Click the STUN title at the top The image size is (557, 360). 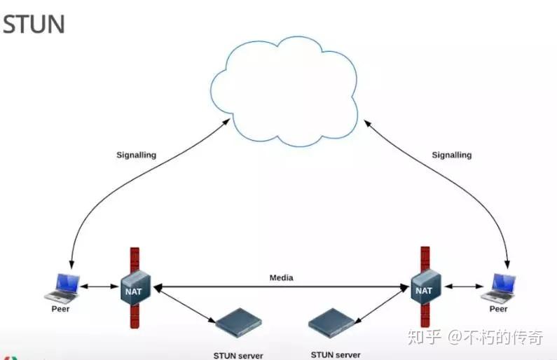pyautogui.click(x=34, y=24)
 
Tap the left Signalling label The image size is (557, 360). pyautogui.click(x=136, y=155)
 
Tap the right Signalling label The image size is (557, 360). pyautogui.click(x=451, y=155)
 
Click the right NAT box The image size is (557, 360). pyautogui.click(x=424, y=288)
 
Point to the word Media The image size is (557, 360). pyautogui.click(x=282, y=278)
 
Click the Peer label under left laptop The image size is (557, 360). pyautogui.click(x=61, y=308)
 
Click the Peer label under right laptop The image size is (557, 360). pyautogui.click(x=498, y=308)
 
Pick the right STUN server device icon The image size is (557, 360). pyautogui.click(x=333, y=321)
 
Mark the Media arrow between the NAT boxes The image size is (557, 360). pyautogui.click(x=280, y=286)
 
